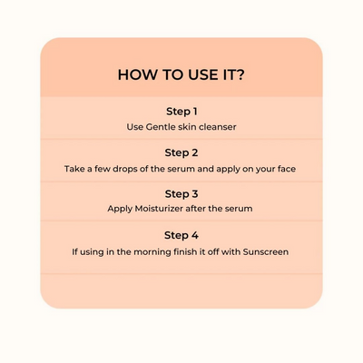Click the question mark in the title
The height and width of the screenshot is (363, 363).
point(239,74)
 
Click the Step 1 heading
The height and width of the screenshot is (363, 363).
point(181,112)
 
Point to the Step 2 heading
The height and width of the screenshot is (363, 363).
point(181,152)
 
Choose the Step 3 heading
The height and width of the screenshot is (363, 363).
point(181,194)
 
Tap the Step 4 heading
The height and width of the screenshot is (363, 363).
point(181,235)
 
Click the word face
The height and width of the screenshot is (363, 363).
point(287,169)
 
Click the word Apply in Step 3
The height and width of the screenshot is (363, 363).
point(120,210)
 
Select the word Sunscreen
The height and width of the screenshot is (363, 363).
point(266,252)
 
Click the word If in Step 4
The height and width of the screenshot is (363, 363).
point(74,252)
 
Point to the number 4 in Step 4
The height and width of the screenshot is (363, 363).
point(195,235)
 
